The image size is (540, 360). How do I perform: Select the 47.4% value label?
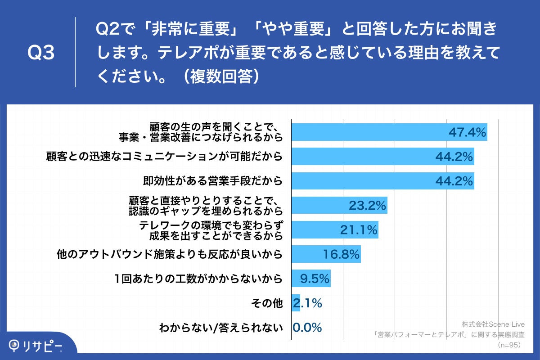(x=467, y=132)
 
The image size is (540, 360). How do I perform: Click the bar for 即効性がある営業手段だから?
(x=382, y=181)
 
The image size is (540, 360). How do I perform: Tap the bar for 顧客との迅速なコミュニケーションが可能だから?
(x=382, y=157)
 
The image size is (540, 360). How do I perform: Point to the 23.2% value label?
(x=367, y=206)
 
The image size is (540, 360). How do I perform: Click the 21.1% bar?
(x=335, y=230)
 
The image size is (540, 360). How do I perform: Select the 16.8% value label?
(x=341, y=255)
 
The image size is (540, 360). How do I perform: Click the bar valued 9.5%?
(x=311, y=279)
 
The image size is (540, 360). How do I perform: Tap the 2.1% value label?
(x=307, y=303)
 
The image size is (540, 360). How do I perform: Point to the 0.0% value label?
(x=307, y=328)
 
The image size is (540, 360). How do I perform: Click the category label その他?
(x=266, y=304)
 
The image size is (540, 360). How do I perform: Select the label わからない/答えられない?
(x=221, y=328)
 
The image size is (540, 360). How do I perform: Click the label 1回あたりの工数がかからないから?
(x=198, y=279)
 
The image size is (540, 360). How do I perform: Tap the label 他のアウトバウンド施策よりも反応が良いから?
(x=169, y=255)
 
